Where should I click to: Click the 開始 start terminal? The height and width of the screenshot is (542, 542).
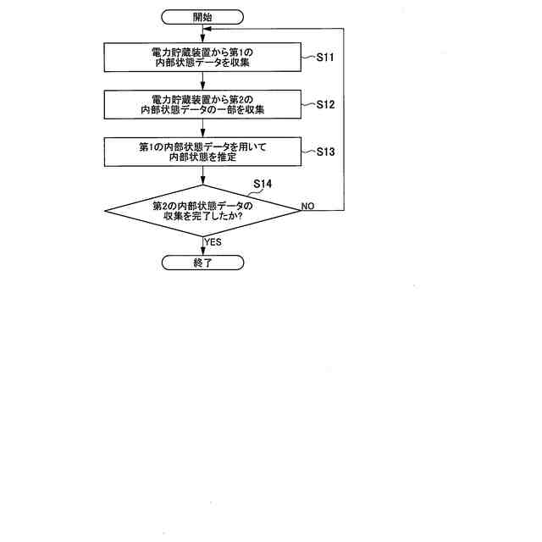coord(203,16)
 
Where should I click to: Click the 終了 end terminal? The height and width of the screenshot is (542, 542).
coord(203,263)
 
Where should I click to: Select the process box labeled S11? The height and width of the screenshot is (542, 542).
coord(203,58)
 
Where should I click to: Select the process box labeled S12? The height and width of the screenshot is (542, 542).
coord(203,104)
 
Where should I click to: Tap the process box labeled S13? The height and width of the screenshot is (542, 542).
coord(203,152)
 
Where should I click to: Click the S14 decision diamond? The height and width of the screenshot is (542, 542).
coord(203,210)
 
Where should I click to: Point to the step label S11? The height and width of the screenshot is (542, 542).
coord(326,58)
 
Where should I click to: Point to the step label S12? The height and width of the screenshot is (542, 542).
coord(326,105)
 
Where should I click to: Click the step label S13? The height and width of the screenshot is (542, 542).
coord(326,152)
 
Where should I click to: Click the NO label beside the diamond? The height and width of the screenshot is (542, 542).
coord(307,206)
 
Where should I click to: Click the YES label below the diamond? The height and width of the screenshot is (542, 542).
coord(213,242)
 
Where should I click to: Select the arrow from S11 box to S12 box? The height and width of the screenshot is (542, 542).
coord(203,80)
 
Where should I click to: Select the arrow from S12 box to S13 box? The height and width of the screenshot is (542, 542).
coord(203,128)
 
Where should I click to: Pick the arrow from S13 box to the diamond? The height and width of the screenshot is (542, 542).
coord(203,176)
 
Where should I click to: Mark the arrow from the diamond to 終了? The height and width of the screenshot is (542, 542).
coord(203,246)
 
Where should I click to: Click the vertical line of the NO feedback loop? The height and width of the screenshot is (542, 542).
coord(345,119)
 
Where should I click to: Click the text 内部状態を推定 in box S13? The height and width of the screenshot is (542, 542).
coord(203,158)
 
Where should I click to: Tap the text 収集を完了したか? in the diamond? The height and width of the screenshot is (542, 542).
coord(203,216)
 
